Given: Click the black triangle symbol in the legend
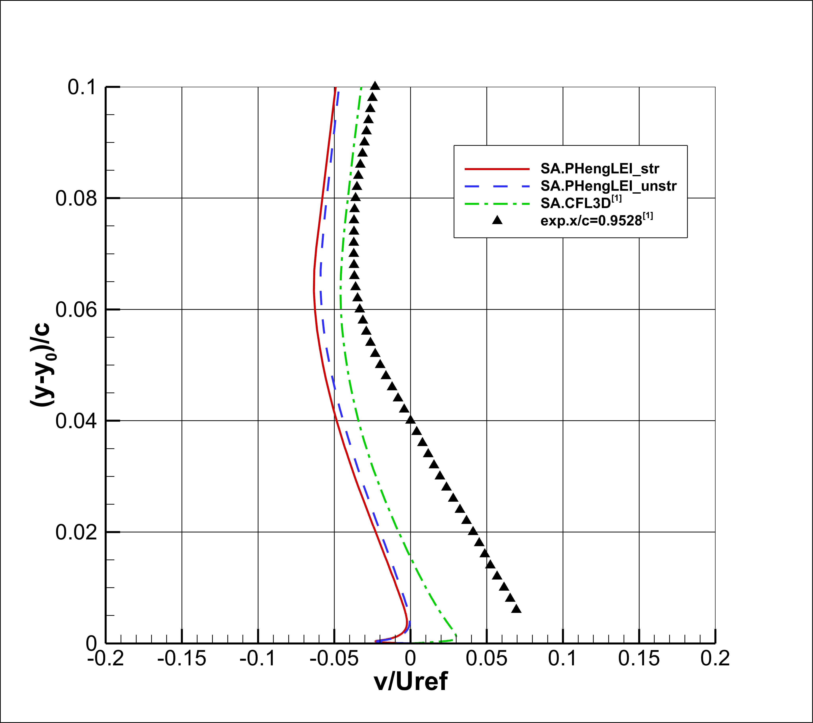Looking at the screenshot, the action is pos(497,220).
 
